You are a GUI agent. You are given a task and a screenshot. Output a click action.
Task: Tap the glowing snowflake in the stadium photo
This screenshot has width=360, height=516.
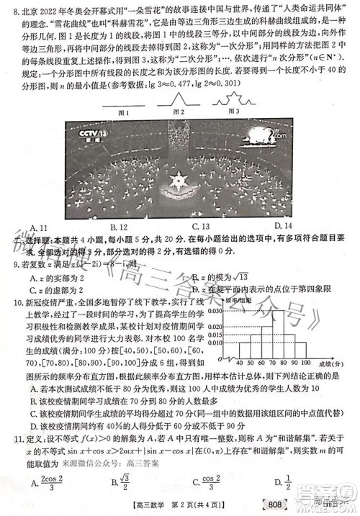point(175,176)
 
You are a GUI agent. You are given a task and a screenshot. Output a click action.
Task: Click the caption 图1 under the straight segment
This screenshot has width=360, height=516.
point(124,112)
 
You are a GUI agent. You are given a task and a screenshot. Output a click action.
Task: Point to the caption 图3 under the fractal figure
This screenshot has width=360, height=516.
point(233,112)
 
